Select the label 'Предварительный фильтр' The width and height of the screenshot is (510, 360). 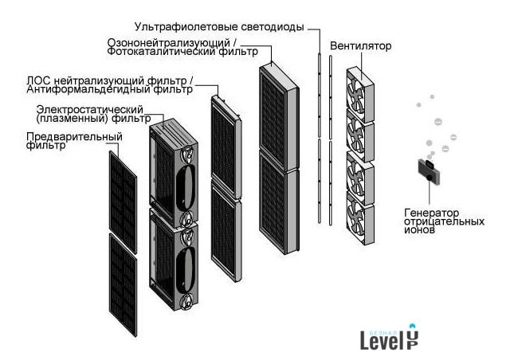[x=74, y=141]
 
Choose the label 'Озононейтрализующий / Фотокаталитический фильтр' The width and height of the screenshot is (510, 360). [x=182, y=47]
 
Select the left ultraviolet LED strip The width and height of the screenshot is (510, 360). [x=319, y=135]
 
